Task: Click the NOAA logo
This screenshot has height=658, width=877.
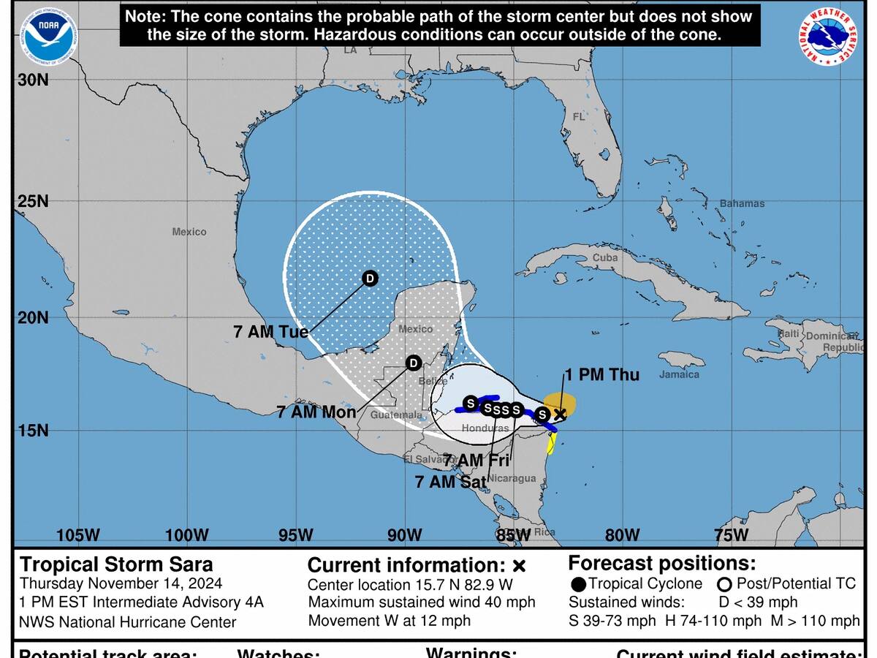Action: click(48, 37)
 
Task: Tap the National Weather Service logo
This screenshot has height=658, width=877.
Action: click(828, 37)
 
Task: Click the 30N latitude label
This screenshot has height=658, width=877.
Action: click(32, 80)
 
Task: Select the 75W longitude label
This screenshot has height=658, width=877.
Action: click(732, 534)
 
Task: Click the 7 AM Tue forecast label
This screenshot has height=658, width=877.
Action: click(270, 331)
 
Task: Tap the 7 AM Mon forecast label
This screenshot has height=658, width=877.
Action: click(316, 412)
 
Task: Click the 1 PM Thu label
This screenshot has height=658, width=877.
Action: click(601, 374)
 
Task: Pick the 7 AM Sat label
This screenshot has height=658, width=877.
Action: click(451, 482)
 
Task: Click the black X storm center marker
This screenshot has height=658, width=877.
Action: click(560, 415)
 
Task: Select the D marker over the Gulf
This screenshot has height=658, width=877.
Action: click(371, 279)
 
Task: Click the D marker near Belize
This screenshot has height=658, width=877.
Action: click(413, 363)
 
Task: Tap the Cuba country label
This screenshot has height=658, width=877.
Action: click(605, 257)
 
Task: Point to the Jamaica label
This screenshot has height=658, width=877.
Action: click(679, 374)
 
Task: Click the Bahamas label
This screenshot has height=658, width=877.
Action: click(742, 203)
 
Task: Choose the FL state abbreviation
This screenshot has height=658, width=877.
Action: click(579, 117)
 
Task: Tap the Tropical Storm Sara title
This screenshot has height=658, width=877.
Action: click(117, 564)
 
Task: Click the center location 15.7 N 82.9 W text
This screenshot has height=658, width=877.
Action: click(410, 585)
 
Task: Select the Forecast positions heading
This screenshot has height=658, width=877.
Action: click(662, 564)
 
